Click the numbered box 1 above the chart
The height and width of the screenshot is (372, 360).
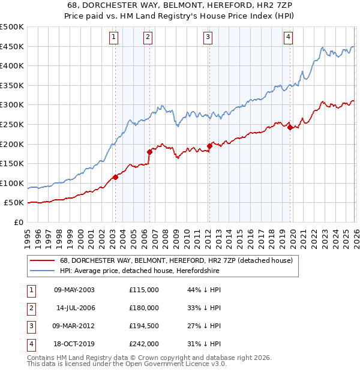click(x=113, y=37)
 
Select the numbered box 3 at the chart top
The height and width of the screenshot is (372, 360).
click(x=208, y=37)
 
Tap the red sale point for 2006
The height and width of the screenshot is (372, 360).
click(x=149, y=152)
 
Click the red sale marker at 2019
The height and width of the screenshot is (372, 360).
click(x=290, y=127)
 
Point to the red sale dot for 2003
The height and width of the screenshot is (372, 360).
click(x=116, y=177)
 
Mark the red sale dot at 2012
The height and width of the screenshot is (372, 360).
click(x=209, y=146)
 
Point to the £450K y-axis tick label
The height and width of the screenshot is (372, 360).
click(x=12, y=47)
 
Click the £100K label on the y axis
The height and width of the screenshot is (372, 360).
click(x=12, y=183)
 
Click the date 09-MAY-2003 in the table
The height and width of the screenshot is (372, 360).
click(x=74, y=290)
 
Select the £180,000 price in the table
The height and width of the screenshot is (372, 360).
click(x=144, y=308)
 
